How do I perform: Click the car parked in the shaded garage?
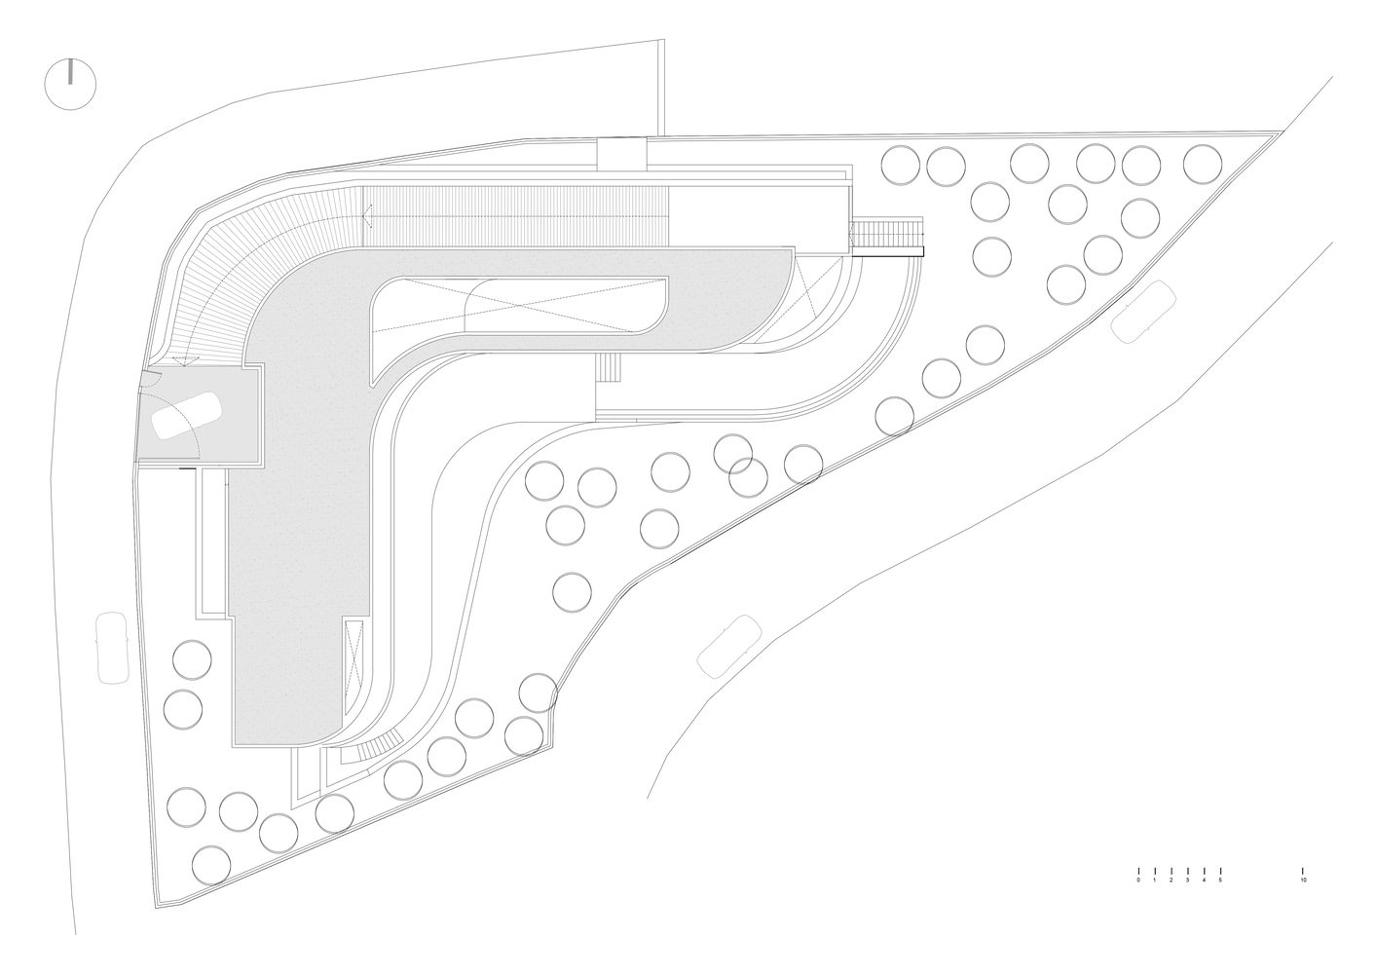click(187, 415)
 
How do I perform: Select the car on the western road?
click(113, 648)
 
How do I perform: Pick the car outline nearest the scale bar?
click(729, 647)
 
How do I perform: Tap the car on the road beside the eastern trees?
click(1143, 311)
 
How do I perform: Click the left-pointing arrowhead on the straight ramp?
click(367, 216)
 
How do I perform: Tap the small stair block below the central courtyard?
click(610, 368)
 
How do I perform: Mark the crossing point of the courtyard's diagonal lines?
click(521, 304)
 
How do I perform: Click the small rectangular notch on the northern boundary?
click(622, 153)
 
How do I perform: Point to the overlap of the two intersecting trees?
click(741, 466)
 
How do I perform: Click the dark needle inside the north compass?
click(71, 71)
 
